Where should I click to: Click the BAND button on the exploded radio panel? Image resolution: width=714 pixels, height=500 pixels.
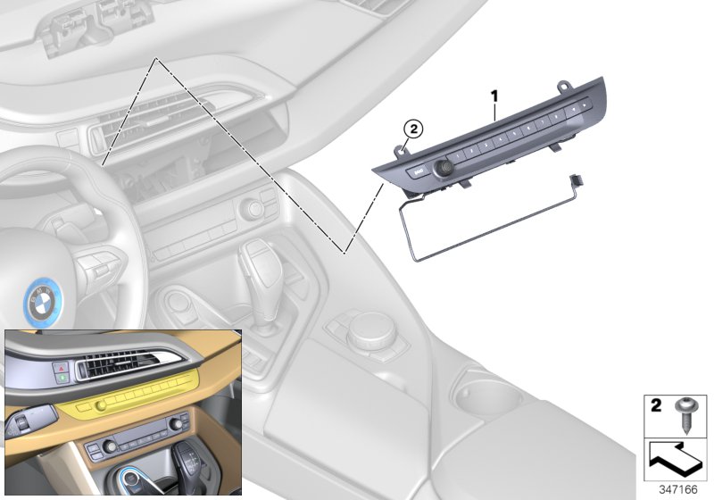[x=416, y=169]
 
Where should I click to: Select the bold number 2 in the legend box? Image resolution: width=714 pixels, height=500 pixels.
[x=655, y=407]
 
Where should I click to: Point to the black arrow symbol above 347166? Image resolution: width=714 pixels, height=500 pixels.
[x=675, y=459]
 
